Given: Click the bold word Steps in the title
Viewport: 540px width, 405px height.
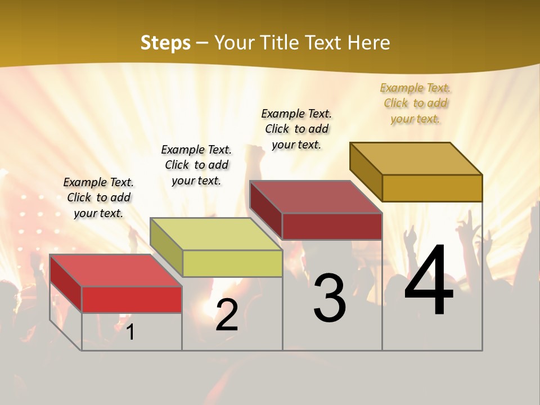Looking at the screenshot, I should coord(165,43).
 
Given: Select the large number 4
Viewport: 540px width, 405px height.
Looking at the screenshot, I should coord(429,281).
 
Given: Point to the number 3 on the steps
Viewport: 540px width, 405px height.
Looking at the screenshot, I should coord(329,298).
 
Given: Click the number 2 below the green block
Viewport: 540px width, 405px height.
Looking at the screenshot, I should coord(227,316).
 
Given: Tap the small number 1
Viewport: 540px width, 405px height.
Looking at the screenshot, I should coord(130,332).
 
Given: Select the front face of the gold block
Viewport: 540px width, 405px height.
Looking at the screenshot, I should coord(432,188).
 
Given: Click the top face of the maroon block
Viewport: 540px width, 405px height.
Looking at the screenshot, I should coord(316,197).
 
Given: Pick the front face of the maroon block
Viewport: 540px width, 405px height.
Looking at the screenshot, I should coord(332,226).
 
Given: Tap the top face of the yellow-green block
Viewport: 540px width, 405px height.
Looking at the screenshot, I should coord(216,234).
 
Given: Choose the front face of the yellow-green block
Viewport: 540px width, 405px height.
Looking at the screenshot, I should coord(232,263).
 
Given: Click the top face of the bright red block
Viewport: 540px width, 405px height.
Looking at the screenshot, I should coord(116,271).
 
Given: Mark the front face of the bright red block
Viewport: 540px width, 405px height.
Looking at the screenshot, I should coord(132,299).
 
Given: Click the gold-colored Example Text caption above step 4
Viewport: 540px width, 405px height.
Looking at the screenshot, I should coord(415,103).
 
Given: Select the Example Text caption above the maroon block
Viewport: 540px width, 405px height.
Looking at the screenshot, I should coord(296,129).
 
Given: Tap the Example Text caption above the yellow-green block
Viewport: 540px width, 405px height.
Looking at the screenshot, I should coord(196,165).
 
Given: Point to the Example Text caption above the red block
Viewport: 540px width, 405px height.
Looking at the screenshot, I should coord(98,197).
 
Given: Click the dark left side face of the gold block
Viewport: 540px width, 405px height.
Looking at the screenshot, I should coord(366,171).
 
